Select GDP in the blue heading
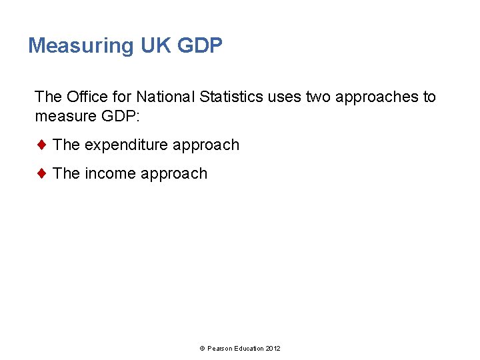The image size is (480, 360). point(200,46)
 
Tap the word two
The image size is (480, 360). point(318,97)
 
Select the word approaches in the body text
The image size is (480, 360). point(377,97)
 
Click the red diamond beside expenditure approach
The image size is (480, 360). point(41,145)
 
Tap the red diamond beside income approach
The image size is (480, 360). point(41,173)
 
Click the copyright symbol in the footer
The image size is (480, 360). point(202,349)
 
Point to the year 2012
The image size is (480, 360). point(273,349)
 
